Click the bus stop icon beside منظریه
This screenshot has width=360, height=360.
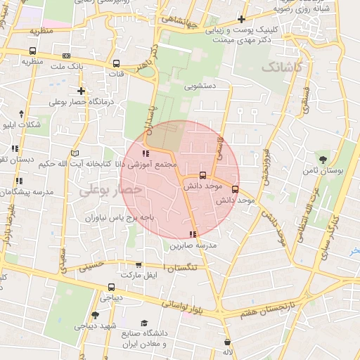pyautogui.click(x=32, y=51)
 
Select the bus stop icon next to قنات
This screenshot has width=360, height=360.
pyautogui.click(x=116, y=63)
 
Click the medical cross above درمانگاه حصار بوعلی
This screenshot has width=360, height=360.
pyautogui.click(x=82, y=91)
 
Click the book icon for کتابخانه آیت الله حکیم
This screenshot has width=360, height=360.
pyautogui.click(x=75, y=153)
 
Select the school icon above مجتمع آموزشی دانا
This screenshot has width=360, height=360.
pyautogui.click(x=146, y=153)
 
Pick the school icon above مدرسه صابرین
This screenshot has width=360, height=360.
pyautogui.click(x=193, y=234)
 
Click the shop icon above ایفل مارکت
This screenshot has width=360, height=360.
pyautogui.click(x=139, y=265)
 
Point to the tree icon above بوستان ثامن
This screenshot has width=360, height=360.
pyautogui.click(x=323, y=160)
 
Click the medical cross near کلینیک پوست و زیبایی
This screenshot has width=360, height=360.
pyautogui.click(x=242, y=20)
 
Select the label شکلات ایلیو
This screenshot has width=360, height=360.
pyautogui.click(x=21, y=125)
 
